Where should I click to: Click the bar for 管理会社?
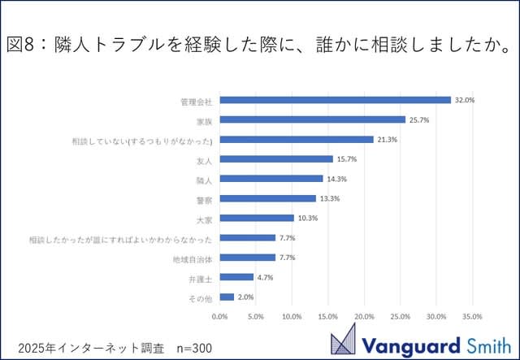pos(335,100)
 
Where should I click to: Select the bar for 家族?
pos(312,119)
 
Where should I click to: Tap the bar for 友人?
pos(276,159)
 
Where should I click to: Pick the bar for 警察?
pos(267,198)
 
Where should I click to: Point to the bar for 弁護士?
pos(236,277)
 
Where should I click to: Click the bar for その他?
pos(227,297)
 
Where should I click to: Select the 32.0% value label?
pos(465,100)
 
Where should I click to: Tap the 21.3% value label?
pos(387,140)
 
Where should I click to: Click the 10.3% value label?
pos(307,218)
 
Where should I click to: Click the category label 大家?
pos(204,219)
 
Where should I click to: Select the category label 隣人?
pos(204,180)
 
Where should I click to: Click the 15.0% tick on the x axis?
pos(328,316)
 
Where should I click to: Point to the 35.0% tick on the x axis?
pos(472,316)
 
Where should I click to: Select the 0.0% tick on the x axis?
pos(220,316)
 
